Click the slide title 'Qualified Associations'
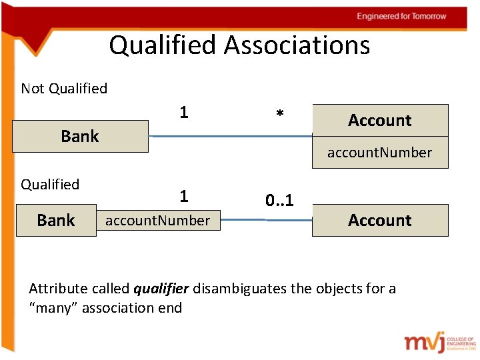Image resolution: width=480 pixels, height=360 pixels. tap(239, 45)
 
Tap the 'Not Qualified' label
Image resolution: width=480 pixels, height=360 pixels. tap(64, 89)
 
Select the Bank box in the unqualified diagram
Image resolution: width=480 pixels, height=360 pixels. tap(80, 136)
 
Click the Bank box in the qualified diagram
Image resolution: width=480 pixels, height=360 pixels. tap(56, 220)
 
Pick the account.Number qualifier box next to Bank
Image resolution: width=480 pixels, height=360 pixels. tap(157, 220)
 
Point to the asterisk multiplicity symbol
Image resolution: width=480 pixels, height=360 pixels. tap(280, 115)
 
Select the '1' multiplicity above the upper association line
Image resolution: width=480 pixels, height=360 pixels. tap(183, 113)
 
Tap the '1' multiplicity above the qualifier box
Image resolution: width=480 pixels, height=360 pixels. tap(183, 196)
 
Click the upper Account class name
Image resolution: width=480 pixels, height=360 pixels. tap(380, 120)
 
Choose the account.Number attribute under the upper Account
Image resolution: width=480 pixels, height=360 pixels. tap(379, 153)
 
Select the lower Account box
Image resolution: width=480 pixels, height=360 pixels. tap(380, 220)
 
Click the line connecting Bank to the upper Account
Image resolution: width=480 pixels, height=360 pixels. tap(230, 136)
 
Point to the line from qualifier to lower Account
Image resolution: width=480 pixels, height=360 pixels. tap(267, 219)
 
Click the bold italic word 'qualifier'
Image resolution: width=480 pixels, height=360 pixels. tap(161, 289)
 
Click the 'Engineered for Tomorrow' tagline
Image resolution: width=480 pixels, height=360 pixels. tap(401, 16)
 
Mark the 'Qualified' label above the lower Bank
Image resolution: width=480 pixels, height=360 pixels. tap(50, 185)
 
